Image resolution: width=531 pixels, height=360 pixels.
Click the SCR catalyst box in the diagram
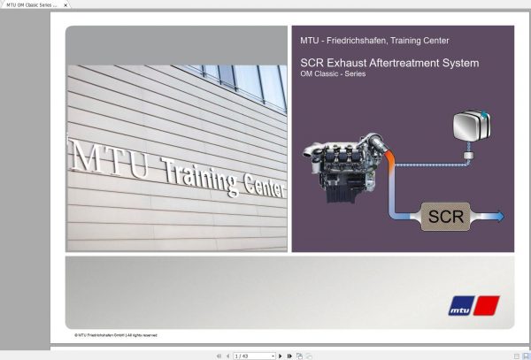pos(446,216)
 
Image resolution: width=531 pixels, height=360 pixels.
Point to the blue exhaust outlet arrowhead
pos(500,216)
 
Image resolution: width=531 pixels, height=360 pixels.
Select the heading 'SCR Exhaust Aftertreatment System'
pos(389,63)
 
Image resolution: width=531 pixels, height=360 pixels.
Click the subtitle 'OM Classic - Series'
pos(333,74)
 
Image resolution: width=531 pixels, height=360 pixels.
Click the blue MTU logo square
pos(459,306)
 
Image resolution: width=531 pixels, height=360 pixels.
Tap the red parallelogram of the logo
pos(487,306)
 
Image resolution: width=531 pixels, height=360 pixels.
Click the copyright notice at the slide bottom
pos(116,335)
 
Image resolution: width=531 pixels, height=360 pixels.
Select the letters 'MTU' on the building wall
pos(96,155)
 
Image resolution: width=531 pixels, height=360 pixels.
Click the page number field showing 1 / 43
pos(253,356)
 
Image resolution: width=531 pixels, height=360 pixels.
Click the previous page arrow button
pos(227,356)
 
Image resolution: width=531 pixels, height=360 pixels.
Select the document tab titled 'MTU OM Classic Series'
pos(31,5)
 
